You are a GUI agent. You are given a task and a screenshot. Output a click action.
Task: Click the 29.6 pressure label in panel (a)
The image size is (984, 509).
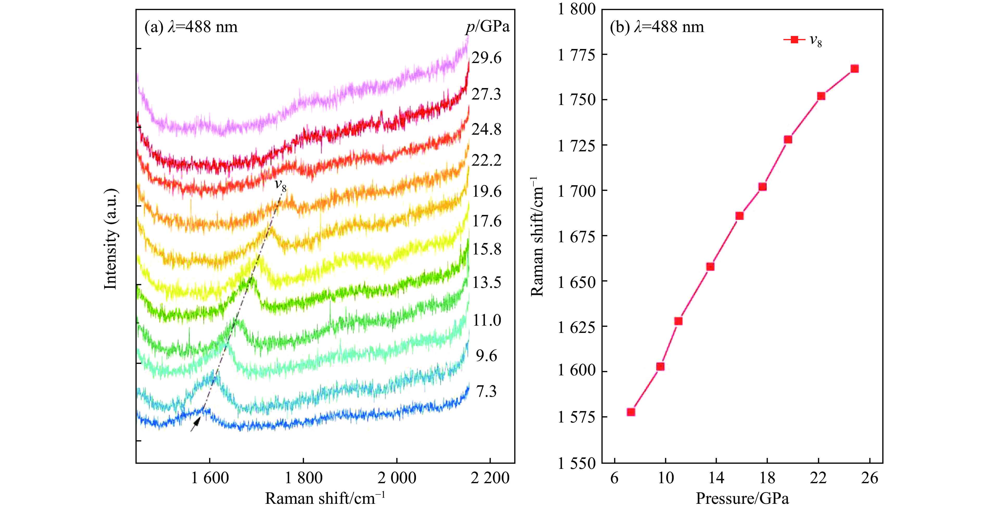coord(486,58)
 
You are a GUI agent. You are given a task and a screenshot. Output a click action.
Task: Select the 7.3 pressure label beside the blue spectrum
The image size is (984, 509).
coord(486,391)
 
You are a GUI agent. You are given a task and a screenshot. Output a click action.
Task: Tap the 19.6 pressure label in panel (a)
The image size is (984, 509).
coord(487,191)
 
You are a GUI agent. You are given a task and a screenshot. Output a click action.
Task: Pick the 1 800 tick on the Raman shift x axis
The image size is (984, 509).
coord(304,478)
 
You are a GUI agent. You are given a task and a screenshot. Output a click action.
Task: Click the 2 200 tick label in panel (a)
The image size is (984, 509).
coord(490,478)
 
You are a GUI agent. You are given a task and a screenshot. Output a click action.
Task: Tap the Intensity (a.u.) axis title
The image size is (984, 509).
coord(111,239)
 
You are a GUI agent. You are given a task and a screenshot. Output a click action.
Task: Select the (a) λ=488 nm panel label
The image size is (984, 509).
coord(191,27)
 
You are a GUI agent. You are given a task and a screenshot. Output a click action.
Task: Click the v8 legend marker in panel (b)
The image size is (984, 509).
coord(794,39)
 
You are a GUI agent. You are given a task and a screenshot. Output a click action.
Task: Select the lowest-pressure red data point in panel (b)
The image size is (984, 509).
coord(631,412)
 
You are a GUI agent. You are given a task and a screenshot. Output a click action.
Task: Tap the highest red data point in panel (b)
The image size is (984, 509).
coord(855,69)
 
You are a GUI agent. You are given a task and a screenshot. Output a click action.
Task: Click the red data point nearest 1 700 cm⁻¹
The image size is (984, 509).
coord(763,187)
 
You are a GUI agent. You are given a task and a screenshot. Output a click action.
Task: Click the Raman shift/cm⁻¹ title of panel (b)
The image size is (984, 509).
coord(537,237)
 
